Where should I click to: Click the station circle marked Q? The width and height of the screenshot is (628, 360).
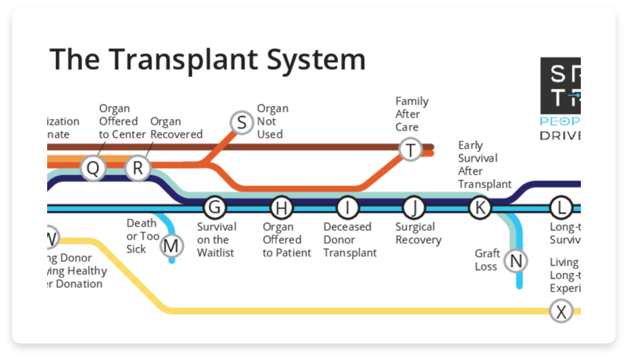[x=93, y=168]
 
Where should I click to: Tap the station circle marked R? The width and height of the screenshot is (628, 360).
[x=137, y=168]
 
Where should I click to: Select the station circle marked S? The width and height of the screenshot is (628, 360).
[x=241, y=123]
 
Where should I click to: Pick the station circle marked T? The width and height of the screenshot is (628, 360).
[x=410, y=149]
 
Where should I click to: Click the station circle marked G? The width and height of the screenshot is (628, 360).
[x=214, y=208]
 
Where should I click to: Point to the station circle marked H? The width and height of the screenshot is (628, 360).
[x=282, y=208]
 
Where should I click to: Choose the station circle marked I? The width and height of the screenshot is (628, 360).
[x=347, y=208]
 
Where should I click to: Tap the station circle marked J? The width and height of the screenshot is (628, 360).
[x=414, y=208]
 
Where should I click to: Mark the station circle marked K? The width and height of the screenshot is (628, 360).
[x=480, y=208]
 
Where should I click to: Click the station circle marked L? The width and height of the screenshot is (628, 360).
[x=561, y=208]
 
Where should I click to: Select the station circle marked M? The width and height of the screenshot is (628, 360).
[x=171, y=246]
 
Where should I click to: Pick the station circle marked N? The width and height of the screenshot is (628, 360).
[x=516, y=260]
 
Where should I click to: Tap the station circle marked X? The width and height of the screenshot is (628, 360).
[x=561, y=311]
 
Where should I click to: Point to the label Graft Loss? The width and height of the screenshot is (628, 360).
[x=486, y=260]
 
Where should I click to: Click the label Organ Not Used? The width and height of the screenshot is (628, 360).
[x=272, y=121]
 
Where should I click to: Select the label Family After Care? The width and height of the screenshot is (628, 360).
[x=412, y=114]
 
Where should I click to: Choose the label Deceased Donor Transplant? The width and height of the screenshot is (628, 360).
[x=349, y=240]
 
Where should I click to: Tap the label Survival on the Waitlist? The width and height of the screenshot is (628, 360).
[x=216, y=240]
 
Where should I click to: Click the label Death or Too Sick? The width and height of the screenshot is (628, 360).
[x=142, y=236]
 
